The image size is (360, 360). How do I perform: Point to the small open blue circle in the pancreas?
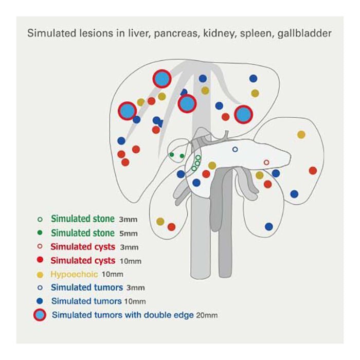(x=235, y=149)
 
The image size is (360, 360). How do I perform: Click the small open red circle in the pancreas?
(x=266, y=163)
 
